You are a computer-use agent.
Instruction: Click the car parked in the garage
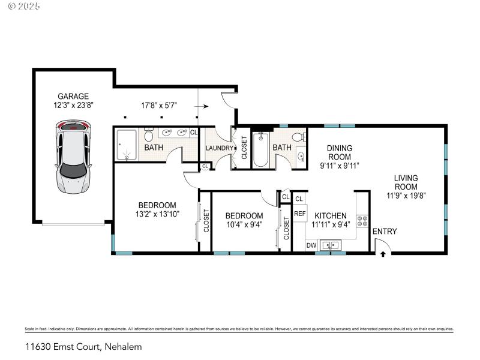[73, 157]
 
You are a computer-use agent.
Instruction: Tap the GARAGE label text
[73, 96]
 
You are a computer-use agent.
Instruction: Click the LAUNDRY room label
[218, 148]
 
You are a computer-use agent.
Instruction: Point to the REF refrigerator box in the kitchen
[300, 214]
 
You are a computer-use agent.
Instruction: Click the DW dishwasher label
[311, 245]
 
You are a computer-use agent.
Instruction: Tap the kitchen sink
[330, 245]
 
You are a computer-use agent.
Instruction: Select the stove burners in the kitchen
[362, 220]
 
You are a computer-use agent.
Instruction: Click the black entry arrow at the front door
[383, 254]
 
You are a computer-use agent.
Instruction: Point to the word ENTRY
[385, 232]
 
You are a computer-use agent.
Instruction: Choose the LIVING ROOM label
[406, 182]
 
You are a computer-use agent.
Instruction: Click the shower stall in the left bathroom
[127, 146]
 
